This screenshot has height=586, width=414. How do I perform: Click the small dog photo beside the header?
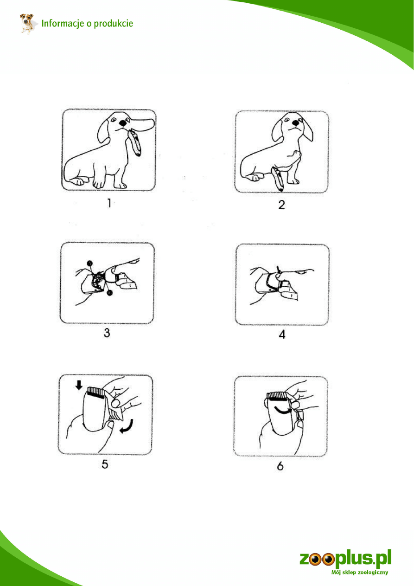click(27, 24)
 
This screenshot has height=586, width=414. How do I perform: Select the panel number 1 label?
click(109, 203)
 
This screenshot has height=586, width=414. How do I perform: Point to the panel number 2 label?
click(281, 205)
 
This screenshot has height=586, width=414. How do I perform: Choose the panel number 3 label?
click(107, 333)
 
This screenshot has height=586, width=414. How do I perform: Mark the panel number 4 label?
click(282, 335)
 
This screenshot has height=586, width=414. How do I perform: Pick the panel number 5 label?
click(105, 464)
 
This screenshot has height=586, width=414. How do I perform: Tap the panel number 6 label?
click(280, 466)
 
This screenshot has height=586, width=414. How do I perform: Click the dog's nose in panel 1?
click(122, 122)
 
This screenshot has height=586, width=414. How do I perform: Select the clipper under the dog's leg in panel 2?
click(278, 179)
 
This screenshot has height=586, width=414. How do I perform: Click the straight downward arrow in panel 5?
click(79, 385)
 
